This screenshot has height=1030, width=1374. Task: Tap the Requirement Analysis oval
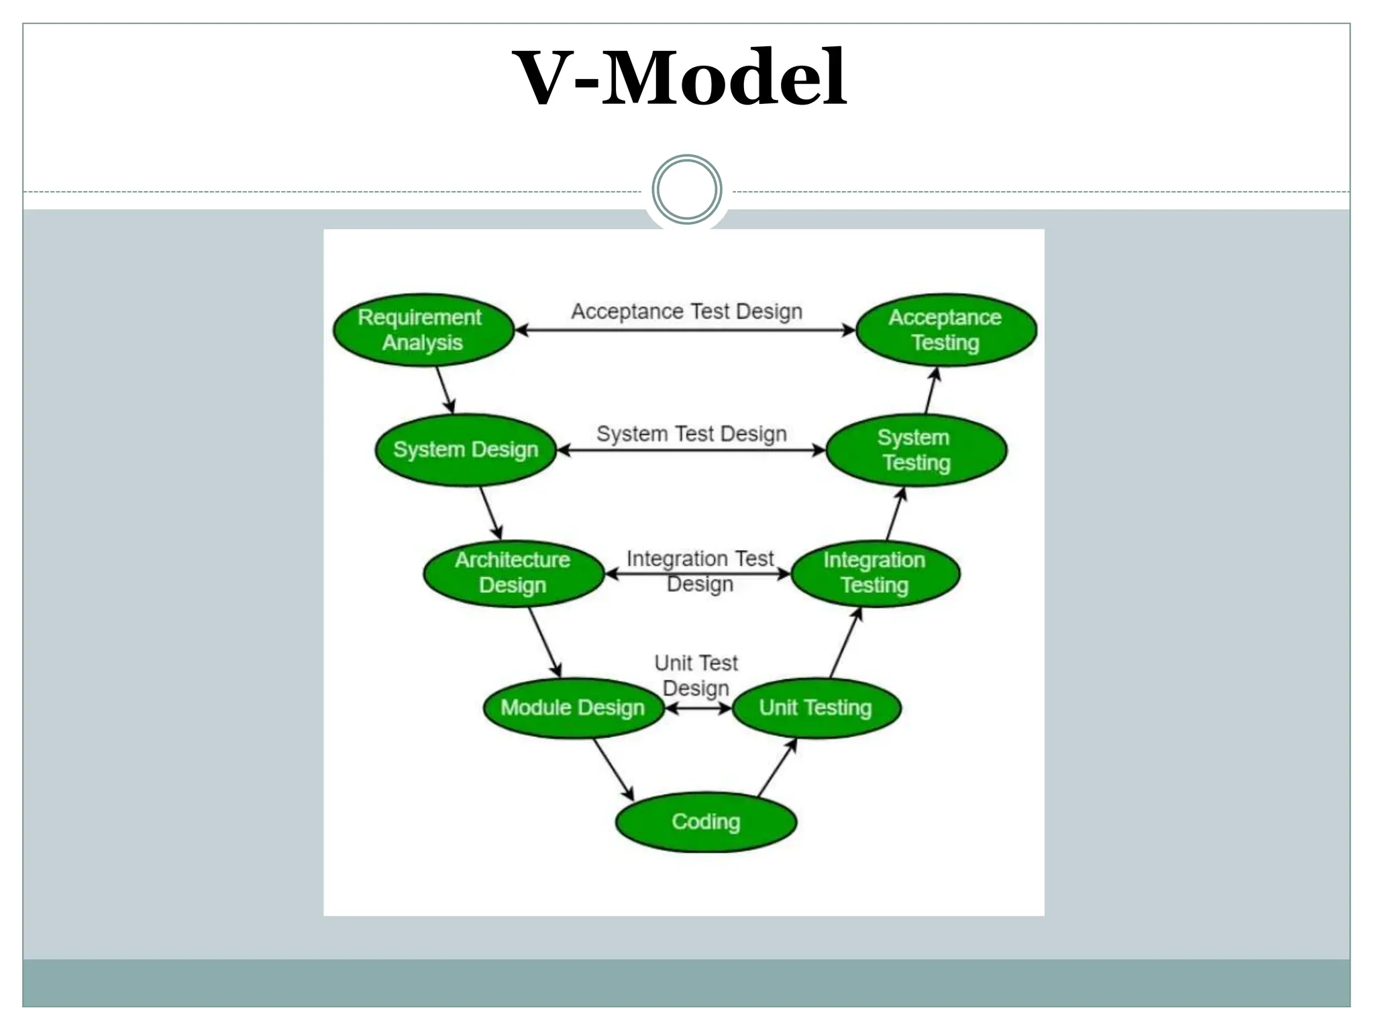pyautogui.click(x=423, y=330)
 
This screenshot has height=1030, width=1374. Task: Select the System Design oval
pyautogui.click(x=466, y=450)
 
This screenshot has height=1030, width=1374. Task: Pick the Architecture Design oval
pyautogui.click(x=513, y=573)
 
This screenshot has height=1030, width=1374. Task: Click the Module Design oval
pyautogui.click(x=573, y=707)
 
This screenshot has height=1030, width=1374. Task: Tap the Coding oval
pyautogui.click(x=706, y=822)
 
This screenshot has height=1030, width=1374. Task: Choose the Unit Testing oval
pyautogui.click(x=816, y=707)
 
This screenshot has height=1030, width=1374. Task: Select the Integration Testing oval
pyautogui.click(x=875, y=573)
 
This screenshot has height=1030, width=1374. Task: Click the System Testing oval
pyautogui.click(x=916, y=450)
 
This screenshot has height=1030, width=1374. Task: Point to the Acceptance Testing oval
pyautogui.click(x=946, y=330)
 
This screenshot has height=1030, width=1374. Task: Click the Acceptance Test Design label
pyautogui.click(x=686, y=312)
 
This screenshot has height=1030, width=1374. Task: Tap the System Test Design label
pyautogui.click(x=692, y=434)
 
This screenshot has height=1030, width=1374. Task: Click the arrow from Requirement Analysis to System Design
pyautogui.click(x=445, y=390)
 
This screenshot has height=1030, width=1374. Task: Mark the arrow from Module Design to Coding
pyautogui.click(x=613, y=769)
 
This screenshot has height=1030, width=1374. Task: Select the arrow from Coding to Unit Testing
pyautogui.click(x=777, y=768)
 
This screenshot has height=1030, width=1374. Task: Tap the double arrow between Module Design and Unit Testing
pyautogui.click(x=698, y=708)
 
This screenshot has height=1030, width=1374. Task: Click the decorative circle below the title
pyautogui.click(x=686, y=190)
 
